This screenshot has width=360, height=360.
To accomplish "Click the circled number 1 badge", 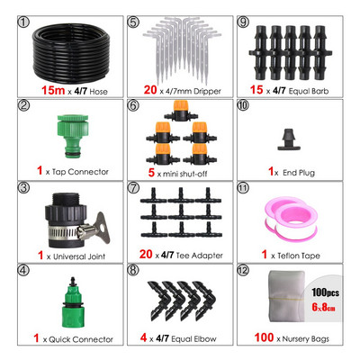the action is click(x=24, y=22).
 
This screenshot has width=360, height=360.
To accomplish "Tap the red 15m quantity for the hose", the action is click(x=53, y=90).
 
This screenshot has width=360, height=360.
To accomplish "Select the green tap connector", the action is click(x=73, y=136).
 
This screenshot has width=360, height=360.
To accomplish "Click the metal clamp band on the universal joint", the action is click(x=66, y=232).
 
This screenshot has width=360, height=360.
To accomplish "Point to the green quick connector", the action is click(x=72, y=303).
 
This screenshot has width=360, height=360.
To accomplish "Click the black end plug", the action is click(x=290, y=139).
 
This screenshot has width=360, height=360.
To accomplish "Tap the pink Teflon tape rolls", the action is click(x=291, y=219).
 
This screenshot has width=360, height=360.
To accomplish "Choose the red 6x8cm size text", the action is click(x=323, y=307).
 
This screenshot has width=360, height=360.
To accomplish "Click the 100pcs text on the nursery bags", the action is click(x=325, y=292).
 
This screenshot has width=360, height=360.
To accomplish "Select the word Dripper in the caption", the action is click(x=207, y=91).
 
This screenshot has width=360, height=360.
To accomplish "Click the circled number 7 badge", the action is click(x=133, y=188).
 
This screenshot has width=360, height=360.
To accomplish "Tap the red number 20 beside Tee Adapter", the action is click(x=146, y=254).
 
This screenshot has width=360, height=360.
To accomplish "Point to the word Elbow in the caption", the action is click(x=205, y=339).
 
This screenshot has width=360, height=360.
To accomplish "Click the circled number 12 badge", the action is click(x=243, y=271).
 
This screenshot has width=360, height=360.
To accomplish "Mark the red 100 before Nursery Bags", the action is click(x=264, y=337).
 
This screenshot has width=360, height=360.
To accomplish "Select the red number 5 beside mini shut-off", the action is click(x=151, y=173).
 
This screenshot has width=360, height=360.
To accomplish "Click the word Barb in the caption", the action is click(x=321, y=91).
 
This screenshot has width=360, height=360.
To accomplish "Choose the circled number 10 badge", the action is click(x=243, y=105).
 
